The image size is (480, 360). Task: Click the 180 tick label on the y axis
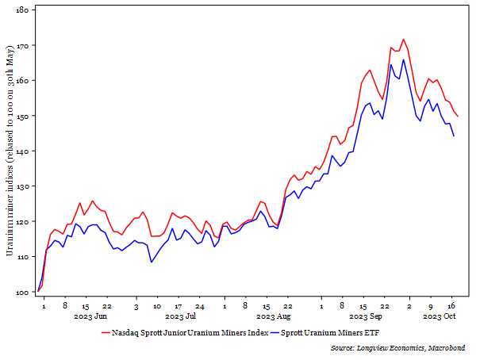(23, 10)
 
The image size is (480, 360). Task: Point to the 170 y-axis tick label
(23, 45)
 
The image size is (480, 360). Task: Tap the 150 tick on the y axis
(23, 116)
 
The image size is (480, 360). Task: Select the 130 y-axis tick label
(23, 186)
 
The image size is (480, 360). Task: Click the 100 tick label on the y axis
(23, 292)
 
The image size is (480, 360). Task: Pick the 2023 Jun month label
(90, 316)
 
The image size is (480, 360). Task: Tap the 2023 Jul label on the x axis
(181, 316)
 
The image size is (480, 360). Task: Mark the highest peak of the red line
(403, 39)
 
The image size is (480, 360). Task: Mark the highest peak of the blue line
(403, 59)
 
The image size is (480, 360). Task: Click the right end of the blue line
(454, 136)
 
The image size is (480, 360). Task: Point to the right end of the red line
(458, 117)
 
